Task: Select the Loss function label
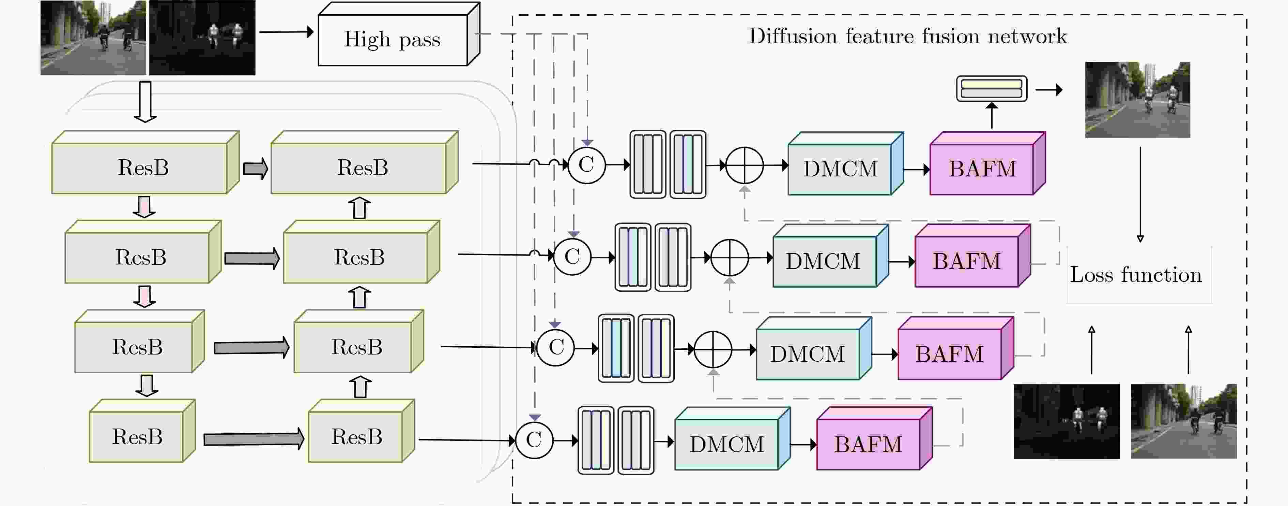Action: (x=1135, y=275)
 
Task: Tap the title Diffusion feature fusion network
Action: (x=907, y=36)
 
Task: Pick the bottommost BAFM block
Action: (x=874, y=438)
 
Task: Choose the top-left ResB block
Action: (x=145, y=162)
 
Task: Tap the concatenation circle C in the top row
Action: (x=586, y=165)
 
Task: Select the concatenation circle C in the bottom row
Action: (x=534, y=440)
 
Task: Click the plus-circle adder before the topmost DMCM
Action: (x=745, y=165)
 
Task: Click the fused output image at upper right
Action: (x=1137, y=100)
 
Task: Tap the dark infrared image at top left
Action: (x=202, y=38)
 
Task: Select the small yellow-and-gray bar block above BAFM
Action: (x=992, y=89)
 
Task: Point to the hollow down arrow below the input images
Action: (x=145, y=102)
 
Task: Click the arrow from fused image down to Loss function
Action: (x=1140, y=195)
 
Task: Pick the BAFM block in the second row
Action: (x=972, y=255)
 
